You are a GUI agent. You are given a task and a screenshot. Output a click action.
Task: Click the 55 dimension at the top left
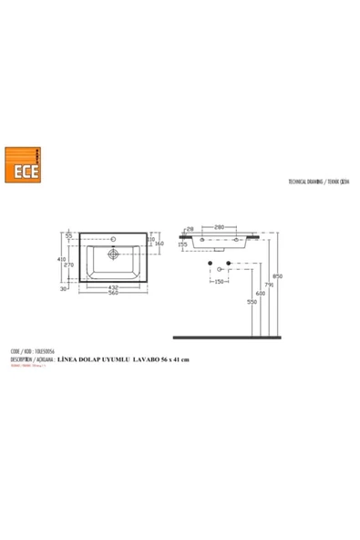tap(68, 236)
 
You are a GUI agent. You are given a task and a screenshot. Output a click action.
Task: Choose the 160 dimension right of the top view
tap(158, 244)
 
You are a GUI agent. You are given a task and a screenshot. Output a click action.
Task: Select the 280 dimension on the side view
tap(220, 225)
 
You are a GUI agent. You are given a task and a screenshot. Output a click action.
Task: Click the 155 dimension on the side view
tap(183, 244)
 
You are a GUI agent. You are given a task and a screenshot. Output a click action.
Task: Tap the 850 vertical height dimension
tap(278, 277)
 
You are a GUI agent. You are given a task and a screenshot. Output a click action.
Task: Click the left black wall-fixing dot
tap(211, 264)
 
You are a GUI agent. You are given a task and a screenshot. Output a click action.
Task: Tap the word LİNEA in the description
tap(70, 360)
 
